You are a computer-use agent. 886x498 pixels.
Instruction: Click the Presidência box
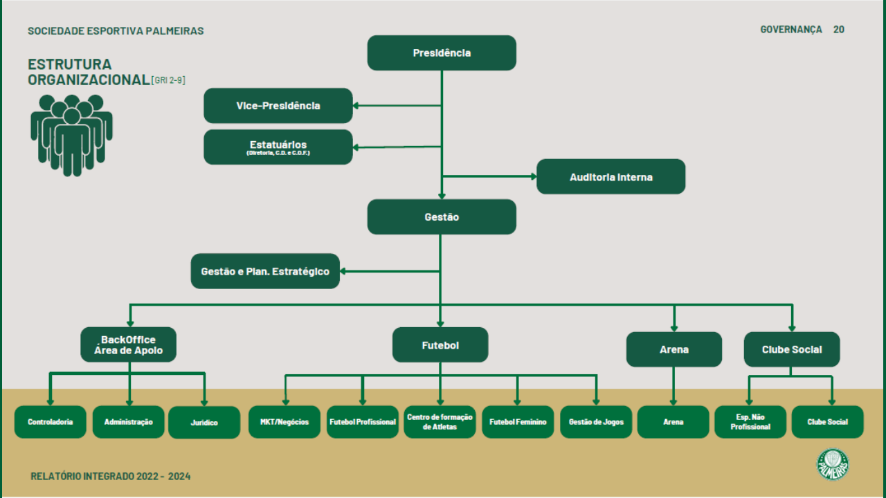pyautogui.click(x=442, y=53)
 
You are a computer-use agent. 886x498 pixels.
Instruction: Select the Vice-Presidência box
pyautogui.click(x=278, y=106)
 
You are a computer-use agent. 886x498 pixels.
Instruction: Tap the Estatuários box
pyautogui.click(x=278, y=147)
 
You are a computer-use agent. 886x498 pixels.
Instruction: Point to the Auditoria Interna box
pyautogui.click(x=611, y=176)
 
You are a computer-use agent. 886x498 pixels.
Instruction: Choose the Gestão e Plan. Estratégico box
pyautogui.click(x=265, y=271)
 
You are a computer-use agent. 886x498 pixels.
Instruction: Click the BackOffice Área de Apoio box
pyautogui.click(x=129, y=344)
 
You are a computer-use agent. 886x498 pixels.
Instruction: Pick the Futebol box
pyautogui.click(x=440, y=344)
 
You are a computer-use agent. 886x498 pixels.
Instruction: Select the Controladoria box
pyautogui.click(x=51, y=422)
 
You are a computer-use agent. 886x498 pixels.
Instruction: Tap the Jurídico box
pyautogui.click(x=204, y=423)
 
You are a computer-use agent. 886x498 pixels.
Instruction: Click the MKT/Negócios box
pyautogui.click(x=284, y=422)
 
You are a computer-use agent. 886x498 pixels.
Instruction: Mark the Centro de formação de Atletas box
pyautogui.click(x=440, y=422)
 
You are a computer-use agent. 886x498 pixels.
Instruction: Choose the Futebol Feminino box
pyautogui.click(x=518, y=422)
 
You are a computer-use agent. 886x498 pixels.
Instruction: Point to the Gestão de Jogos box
pyautogui.click(x=596, y=422)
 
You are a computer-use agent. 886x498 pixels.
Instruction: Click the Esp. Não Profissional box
pyautogui.click(x=750, y=422)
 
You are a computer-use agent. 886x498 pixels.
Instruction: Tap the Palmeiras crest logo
pyautogui.click(x=833, y=464)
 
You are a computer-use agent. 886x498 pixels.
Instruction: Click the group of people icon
pyautogui.click(x=71, y=135)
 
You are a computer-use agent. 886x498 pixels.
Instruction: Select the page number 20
pyautogui.click(x=838, y=30)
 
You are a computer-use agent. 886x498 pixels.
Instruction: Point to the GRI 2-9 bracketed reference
pyautogui.click(x=168, y=80)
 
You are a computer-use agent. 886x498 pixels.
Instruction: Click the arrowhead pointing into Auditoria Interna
pyautogui.click(x=534, y=176)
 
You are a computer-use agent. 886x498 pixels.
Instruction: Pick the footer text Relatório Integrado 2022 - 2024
pyautogui.click(x=110, y=477)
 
